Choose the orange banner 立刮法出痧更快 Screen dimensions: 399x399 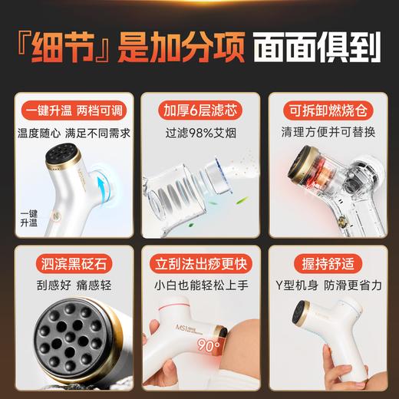point(199,268)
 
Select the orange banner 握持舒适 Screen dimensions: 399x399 point(325,268)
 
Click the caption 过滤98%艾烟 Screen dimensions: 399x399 point(199,131)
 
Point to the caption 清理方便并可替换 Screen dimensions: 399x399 point(325,131)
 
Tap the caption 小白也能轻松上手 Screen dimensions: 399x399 point(199,291)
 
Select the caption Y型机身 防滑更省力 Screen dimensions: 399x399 point(325,291)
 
